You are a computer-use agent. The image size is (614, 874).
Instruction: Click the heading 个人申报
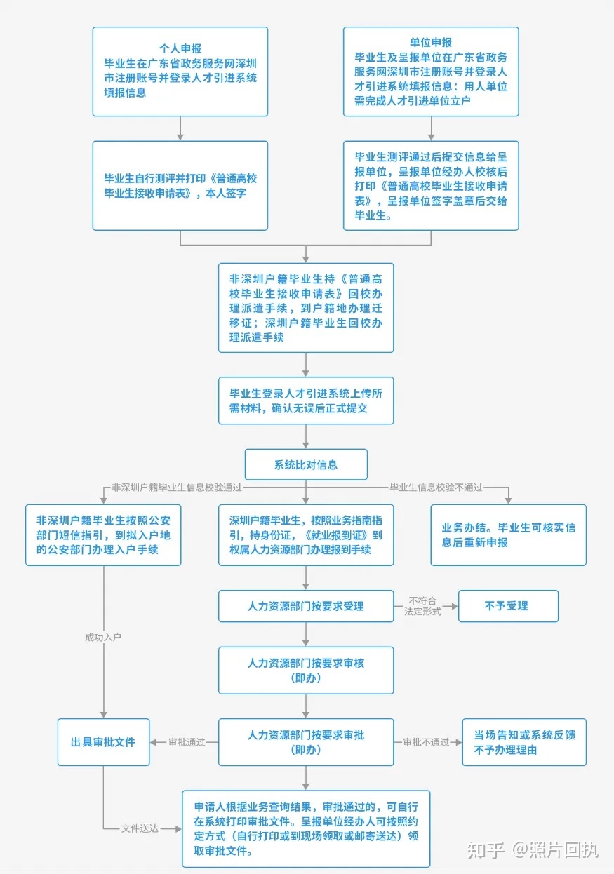tap(180, 48)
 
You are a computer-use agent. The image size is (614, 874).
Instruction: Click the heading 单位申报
tap(431, 42)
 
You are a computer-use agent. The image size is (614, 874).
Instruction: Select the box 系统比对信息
tap(306, 464)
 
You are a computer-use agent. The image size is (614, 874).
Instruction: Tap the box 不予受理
tap(508, 606)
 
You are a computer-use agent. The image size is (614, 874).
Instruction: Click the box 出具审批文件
tap(103, 742)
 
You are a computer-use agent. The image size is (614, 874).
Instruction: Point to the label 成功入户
tap(103, 637)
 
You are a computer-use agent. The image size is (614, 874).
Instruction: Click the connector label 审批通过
tap(187, 742)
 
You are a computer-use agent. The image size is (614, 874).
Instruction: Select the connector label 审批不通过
tap(426, 742)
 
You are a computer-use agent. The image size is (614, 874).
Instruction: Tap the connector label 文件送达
tap(140, 828)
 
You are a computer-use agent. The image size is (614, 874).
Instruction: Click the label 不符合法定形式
tap(422, 606)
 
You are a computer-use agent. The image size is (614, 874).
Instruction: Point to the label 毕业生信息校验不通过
tap(436, 488)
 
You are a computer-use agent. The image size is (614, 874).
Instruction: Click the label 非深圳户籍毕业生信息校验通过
tap(177, 488)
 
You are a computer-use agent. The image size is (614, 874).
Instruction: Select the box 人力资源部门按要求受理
tap(306, 606)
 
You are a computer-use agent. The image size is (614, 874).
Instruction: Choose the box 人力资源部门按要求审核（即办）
tap(306, 671)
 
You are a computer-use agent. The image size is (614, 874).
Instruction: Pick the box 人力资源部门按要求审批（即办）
tap(306, 742)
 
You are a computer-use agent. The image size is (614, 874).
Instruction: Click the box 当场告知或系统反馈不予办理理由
tap(524, 742)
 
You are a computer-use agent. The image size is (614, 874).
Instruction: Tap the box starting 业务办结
tap(508, 535)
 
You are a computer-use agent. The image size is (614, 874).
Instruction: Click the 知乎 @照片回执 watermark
tap(533, 850)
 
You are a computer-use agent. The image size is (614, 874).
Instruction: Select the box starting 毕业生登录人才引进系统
tap(306, 401)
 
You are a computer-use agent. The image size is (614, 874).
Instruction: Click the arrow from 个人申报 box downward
tap(180, 128)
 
